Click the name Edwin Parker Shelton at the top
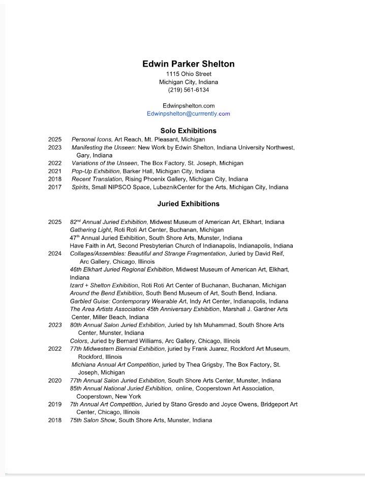tap(188, 64)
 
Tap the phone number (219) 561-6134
tap(188, 90)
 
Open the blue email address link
tap(188, 114)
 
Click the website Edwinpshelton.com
tap(188, 106)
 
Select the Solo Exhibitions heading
tap(188, 131)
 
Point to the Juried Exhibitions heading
tap(188, 204)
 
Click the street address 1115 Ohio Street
tap(188, 74)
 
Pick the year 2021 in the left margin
tap(55, 172)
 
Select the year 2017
tap(55, 187)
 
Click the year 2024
tap(55, 254)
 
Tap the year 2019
tap(55, 405)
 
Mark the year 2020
tap(55, 381)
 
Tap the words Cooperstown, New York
tap(109, 397)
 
